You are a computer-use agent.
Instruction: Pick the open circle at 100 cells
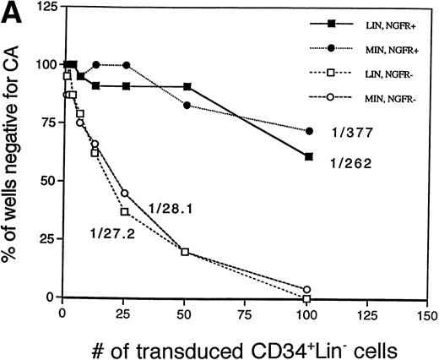(x=307, y=290)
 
